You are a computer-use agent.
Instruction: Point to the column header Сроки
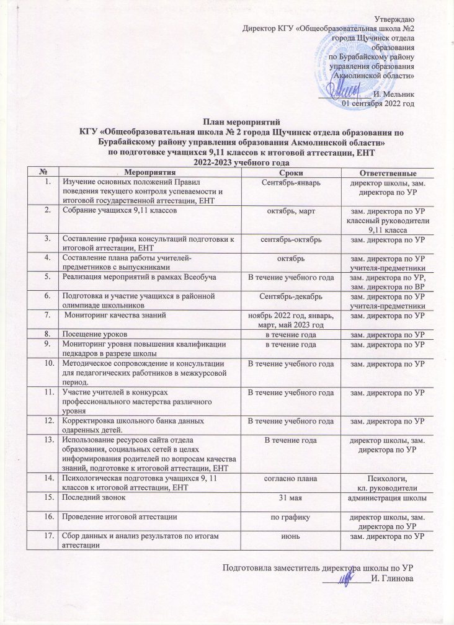(292, 172)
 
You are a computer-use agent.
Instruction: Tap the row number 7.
(47, 316)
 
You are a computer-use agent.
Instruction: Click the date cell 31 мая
(292, 498)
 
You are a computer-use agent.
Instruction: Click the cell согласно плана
(292, 479)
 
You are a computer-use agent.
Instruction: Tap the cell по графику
(292, 516)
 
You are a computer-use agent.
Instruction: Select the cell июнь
(292, 535)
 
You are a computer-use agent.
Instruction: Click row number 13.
(47, 440)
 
